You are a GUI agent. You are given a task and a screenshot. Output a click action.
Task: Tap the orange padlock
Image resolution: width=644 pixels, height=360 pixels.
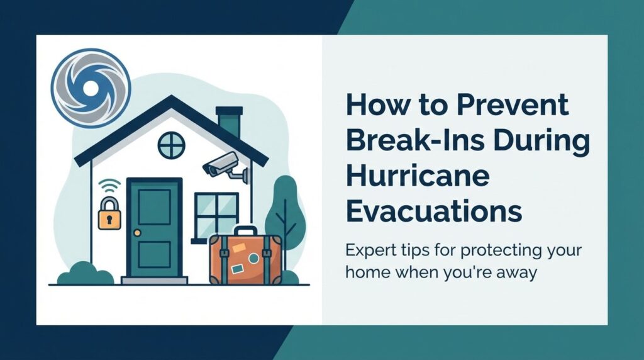click(x=109, y=215)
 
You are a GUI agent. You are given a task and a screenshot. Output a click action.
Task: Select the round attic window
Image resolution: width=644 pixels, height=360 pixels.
click(x=171, y=145)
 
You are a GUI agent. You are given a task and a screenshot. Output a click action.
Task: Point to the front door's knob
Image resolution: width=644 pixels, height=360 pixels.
click(x=137, y=233)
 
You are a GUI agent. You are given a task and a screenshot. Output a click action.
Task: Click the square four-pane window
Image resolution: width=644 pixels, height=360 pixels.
click(x=216, y=214)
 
